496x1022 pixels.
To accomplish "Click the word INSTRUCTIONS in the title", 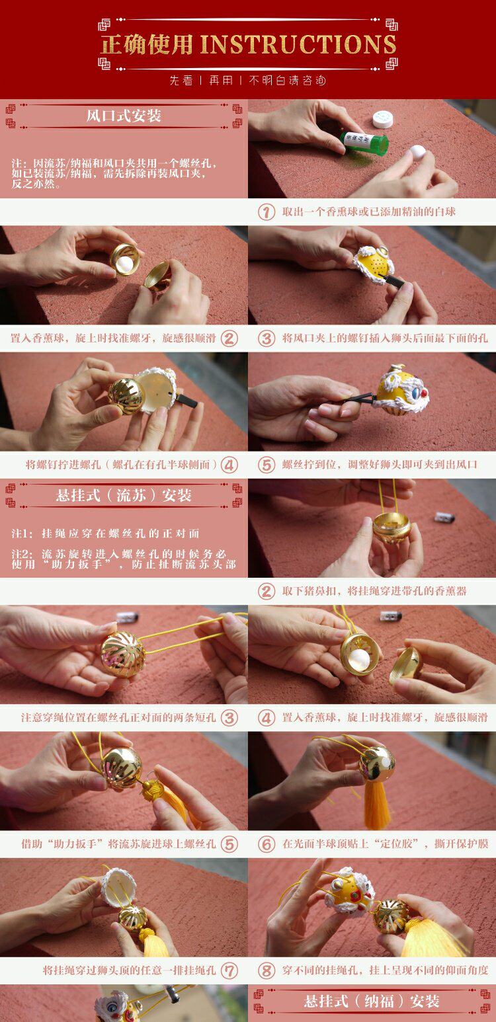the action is click(298, 45).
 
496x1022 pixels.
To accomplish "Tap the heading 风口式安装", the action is click(124, 116).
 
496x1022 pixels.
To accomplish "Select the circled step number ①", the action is click(267, 212).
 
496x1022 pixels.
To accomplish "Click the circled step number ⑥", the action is click(267, 844).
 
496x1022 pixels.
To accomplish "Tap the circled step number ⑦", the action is click(229, 970).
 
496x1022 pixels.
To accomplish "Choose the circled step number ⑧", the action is click(267, 970).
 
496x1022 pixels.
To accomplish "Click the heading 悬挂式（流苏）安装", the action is click(124, 495).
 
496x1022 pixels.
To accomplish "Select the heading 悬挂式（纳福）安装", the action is click(372, 1001).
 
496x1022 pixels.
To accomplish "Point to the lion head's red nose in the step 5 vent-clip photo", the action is click(424, 393).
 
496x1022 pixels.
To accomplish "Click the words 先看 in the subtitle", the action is click(181, 81).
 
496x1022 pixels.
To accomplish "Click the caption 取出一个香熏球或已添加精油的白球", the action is click(368, 212).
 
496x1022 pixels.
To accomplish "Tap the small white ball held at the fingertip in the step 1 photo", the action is click(417, 151).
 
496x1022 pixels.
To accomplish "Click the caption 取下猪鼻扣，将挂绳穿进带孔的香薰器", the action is click(374, 591).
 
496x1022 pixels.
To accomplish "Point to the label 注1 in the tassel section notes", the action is click(22, 533).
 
